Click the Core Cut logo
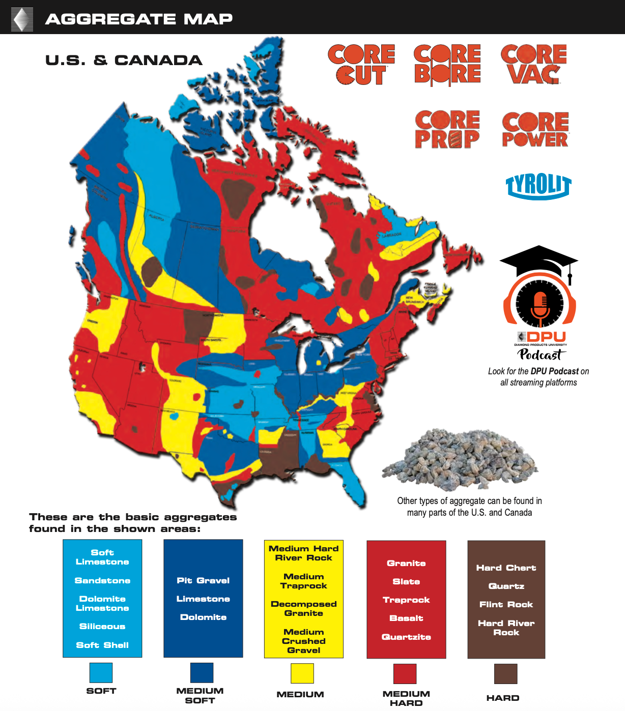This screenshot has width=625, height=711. tap(361, 65)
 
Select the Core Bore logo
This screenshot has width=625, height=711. tap(447, 65)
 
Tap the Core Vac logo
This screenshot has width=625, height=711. tap(534, 65)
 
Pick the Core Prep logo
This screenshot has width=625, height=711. tap(447, 130)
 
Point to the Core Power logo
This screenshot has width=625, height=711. tap(535, 130)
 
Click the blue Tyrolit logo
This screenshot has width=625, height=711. tap(538, 186)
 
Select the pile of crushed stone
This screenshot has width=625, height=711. tap(460, 460)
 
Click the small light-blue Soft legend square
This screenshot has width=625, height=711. tap(101, 672)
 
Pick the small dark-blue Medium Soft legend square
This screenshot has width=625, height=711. tap(202, 672)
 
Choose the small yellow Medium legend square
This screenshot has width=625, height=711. tap(302, 673)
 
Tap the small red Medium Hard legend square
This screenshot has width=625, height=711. tap(405, 674)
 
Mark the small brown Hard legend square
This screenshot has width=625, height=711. tap(505, 674)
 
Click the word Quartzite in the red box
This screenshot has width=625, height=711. tap(406, 637)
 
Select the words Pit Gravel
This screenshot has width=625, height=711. tap(203, 580)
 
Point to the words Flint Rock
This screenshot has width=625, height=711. tap(506, 604)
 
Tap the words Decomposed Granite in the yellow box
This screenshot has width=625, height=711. tap(304, 608)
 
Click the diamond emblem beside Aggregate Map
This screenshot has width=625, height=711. tap(22, 19)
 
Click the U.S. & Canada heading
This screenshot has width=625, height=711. tap(124, 61)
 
